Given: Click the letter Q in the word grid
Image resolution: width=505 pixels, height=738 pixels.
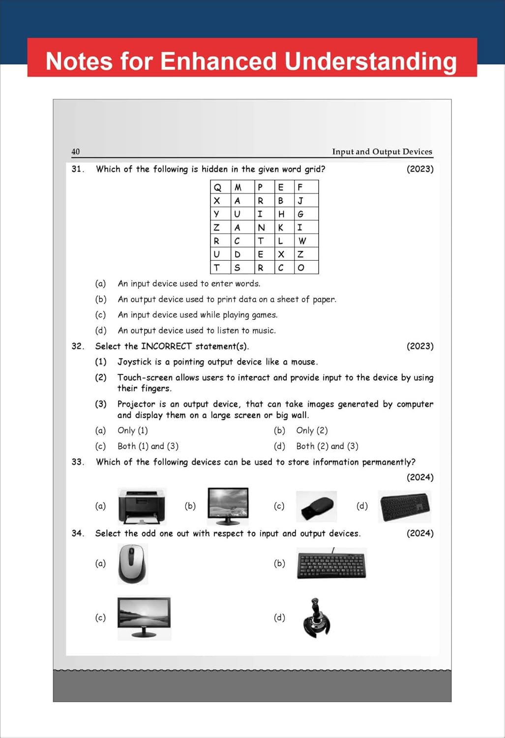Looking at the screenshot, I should click(x=217, y=187).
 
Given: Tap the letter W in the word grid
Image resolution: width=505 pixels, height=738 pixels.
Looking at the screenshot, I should click(x=302, y=241).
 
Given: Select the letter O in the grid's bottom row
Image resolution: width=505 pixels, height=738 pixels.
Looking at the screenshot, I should click(x=301, y=268).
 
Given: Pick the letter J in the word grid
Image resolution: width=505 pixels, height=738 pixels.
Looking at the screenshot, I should click(x=300, y=201).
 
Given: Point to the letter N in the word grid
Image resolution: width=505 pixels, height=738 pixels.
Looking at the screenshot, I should click(x=261, y=227).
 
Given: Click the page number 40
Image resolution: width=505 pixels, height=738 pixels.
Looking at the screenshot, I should click(x=76, y=152).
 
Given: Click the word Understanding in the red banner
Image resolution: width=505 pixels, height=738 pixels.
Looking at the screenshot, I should click(x=371, y=61).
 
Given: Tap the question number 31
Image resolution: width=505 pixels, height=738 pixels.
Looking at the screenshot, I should click(x=78, y=169).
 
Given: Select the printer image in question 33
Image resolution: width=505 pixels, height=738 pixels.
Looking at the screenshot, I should click(x=142, y=506).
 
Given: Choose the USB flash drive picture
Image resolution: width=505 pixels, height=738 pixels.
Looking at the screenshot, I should click(x=317, y=506).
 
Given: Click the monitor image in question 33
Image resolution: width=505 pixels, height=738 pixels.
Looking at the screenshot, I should click(x=228, y=505).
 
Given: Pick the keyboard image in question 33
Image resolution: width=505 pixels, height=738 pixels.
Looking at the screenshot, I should click(x=405, y=506).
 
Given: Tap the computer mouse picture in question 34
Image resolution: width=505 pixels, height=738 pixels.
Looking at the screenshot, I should click(x=132, y=564).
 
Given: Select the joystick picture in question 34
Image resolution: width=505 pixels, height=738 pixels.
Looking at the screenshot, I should click(x=317, y=618).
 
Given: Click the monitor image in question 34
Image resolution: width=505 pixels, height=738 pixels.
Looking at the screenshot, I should click(x=144, y=617).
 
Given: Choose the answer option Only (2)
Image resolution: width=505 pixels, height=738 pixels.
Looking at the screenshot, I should click(x=312, y=430).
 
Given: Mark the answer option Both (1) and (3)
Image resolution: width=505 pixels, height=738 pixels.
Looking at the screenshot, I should click(x=148, y=446).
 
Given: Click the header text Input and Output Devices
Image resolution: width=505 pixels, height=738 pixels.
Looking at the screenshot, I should click(x=382, y=152).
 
